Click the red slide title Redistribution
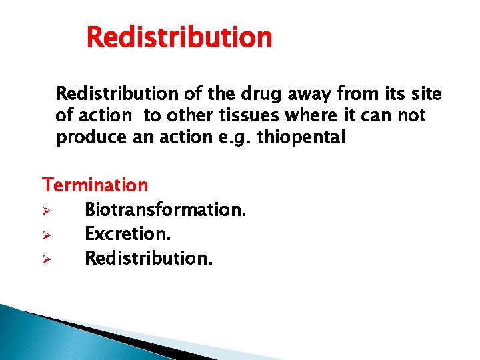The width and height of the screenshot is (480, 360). [179, 37]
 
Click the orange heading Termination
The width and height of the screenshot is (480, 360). [95, 184]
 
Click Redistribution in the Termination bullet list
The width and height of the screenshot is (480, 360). [149, 258]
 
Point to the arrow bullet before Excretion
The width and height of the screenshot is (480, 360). [47, 235]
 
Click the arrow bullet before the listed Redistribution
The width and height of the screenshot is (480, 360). [47, 259]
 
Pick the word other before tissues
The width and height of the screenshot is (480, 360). [189, 115]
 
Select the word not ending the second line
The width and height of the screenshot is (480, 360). [411, 115]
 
